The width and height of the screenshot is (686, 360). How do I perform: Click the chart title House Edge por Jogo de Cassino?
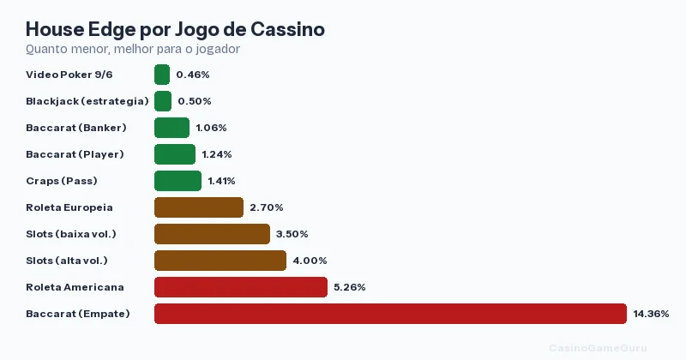[175, 29]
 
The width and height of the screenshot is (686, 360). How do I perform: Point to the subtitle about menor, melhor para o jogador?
[133, 49]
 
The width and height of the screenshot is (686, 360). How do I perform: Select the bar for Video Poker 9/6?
[162, 75]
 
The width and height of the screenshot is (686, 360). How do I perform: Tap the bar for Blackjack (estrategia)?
[163, 101]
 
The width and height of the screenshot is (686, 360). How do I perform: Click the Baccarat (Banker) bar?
[171, 128]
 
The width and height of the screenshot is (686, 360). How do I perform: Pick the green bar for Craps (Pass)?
[178, 181]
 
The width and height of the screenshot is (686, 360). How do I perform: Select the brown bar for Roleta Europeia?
[199, 207]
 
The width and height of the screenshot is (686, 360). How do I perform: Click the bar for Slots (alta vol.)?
[220, 261]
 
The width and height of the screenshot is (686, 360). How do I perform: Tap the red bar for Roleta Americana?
[241, 287]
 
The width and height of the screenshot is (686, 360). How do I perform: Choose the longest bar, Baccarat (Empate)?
[390, 314]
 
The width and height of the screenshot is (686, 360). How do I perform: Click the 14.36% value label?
[651, 314]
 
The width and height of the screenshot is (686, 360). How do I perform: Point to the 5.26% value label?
[350, 287]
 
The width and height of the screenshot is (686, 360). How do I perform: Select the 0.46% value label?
[193, 75]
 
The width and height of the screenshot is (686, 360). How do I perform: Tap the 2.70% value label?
[267, 207]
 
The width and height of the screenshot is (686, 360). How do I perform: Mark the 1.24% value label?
[218, 154]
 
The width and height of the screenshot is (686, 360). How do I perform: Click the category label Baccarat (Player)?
[75, 154]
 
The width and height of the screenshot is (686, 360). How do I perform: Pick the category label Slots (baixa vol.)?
[71, 234]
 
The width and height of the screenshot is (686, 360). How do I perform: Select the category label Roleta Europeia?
[69, 207]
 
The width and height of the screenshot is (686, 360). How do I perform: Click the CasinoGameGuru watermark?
[598, 347]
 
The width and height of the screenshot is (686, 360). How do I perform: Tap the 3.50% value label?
[292, 234]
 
